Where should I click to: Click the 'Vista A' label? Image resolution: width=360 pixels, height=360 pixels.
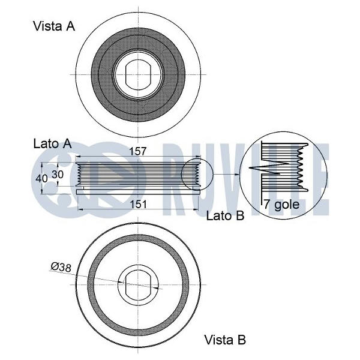pyautogui.click(x=54, y=26)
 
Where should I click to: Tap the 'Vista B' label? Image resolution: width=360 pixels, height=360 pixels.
pyautogui.click(x=225, y=340)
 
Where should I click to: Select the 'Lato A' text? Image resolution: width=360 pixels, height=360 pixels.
pyautogui.click(x=53, y=144)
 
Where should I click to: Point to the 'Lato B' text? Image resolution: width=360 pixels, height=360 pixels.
pyautogui.click(x=225, y=215)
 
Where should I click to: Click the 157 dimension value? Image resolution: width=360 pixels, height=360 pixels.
pyautogui.click(x=138, y=151)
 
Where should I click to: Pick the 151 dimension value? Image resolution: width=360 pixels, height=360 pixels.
pyautogui.click(x=138, y=204)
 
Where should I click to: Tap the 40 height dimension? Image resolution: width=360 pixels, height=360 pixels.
pyautogui.click(x=41, y=178)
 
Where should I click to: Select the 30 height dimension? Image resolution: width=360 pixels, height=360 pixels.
pyautogui.click(x=58, y=175)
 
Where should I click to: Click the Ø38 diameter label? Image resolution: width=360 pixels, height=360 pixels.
pyautogui.click(x=61, y=267)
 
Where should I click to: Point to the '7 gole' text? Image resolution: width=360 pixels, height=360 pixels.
pyautogui.click(x=281, y=204)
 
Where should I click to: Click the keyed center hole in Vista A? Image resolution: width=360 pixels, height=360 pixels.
pyautogui.click(x=138, y=74)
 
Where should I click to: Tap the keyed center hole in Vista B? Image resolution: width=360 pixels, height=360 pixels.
pyautogui.click(x=138, y=284)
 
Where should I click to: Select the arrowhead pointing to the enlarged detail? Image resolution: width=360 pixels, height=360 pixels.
pyautogui.click(x=237, y=174)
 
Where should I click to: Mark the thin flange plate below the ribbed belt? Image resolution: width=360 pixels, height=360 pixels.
pyautogui.click(x=138, y=192)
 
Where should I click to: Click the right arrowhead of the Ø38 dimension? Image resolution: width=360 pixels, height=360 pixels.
pyautogui.click(x=155, y=287)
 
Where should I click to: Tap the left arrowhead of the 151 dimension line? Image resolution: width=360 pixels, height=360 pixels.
pyautogui.click(x=80, y=209)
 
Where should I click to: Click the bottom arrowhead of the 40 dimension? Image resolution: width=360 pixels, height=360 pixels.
pyautogui.click(x=42, y=192)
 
